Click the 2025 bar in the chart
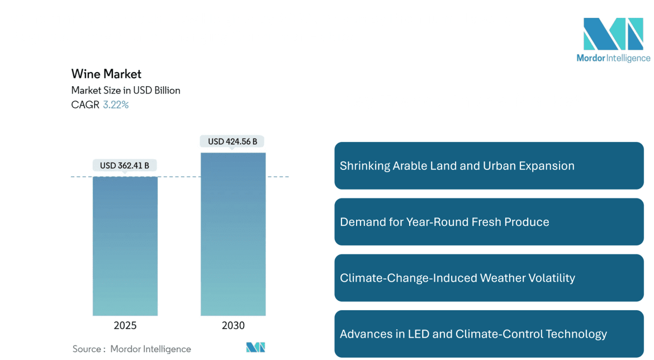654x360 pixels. coord(125,246)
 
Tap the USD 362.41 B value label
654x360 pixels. coord(125,165)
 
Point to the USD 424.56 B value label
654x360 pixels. coord(233,141)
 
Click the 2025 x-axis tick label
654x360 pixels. coord(125,325)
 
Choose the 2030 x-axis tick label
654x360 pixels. coord(233,325)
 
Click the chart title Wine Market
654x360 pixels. coord(106,74)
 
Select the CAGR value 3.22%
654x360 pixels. coord(116,105)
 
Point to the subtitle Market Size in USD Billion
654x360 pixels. coord(126,90)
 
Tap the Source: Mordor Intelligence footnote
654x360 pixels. coord(132,349)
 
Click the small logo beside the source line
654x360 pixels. coord(255,348)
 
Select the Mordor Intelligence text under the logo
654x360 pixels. coord(613,58)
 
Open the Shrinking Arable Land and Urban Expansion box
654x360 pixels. coord(489,166)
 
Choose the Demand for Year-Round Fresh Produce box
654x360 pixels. coord(489,222)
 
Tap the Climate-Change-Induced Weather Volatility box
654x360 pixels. coord(489,278)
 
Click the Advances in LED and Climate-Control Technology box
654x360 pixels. coord(489,334)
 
